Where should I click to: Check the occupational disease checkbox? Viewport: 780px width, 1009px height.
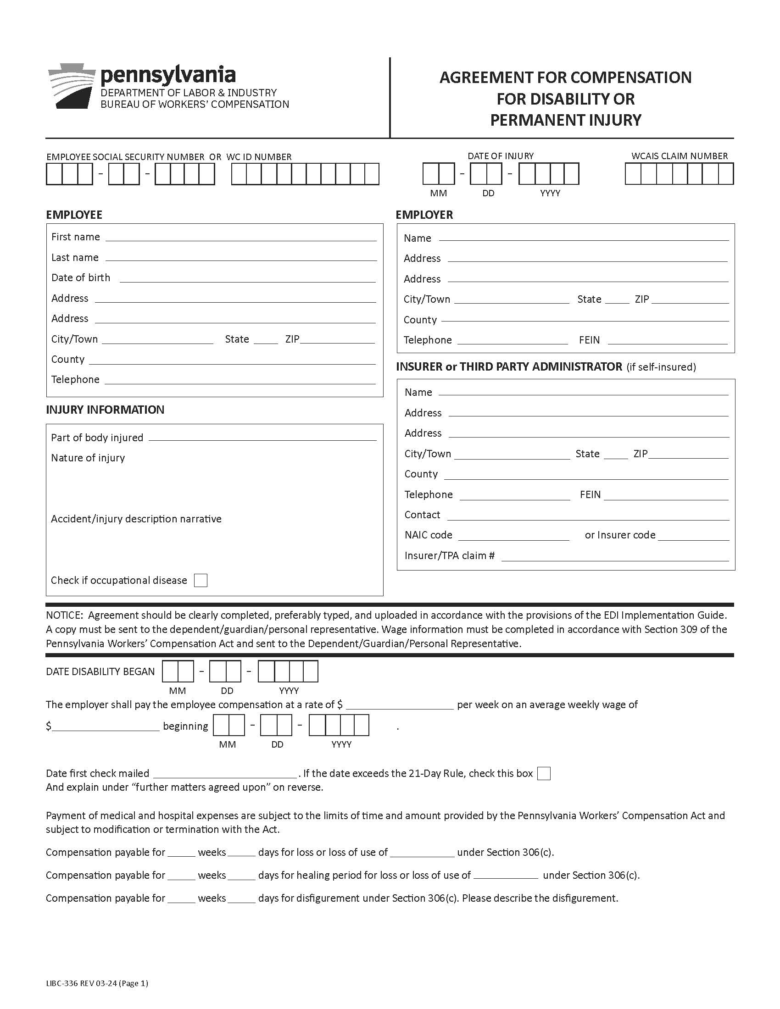(201, 580)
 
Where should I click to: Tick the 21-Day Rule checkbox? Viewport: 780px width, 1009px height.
(544, 773)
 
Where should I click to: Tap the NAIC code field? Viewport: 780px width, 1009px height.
(513, 535)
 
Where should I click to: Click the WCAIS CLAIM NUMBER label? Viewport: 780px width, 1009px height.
(679, 156)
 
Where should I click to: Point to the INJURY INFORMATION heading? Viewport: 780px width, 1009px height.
(105, 410)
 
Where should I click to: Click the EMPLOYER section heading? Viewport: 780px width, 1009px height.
(424, 215)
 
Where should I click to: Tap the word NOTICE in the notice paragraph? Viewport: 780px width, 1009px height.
(64, 615)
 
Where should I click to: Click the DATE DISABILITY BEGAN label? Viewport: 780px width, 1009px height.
(100, 672)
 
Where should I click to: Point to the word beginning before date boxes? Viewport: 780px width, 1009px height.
(185, 726)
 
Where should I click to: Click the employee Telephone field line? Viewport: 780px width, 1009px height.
(240, 379)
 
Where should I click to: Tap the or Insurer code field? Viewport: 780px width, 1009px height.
(693, 535)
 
